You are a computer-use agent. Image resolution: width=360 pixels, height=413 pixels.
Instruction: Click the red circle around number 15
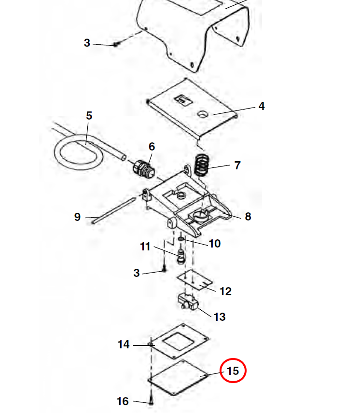pyautogui.click(x=233, y=371)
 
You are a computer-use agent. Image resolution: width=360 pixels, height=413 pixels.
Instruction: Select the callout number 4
pyautogui.click(x=262, y=106)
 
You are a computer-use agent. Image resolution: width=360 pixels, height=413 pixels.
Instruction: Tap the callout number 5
pyautogui.click(x=89, y=116)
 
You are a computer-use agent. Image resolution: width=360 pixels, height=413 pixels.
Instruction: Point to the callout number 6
pyautogui.click(x=152, y=146)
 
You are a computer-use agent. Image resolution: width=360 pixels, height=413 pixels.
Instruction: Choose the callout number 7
pyautogui.click(x=237, y=165)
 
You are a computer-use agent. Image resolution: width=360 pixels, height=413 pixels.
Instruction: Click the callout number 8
pyautogui.click(x=248, y=217)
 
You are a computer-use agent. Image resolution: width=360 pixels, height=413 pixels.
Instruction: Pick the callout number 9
pyautogui.click(x=77, y=217)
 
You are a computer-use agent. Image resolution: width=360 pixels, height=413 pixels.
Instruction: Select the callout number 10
pyautogui.click(x=214, y=244)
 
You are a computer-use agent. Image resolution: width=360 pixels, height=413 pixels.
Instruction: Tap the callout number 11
pyautogui.click(x=145, y=247)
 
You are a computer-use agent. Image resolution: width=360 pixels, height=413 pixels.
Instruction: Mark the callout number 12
pyautogui.click(x=225, y=291)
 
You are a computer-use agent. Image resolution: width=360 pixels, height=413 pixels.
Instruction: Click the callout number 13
pyautogui.click(x=220, y=317)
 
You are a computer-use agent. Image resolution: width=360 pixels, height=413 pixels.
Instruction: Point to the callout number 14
pyautogui.click(x=124, y=344)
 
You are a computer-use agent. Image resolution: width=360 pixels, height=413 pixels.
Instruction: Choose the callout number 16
pyautogui.click(x=123, y=401)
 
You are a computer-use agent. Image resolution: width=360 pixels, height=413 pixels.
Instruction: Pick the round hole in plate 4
pyautogui.click(x=203, y=114)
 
